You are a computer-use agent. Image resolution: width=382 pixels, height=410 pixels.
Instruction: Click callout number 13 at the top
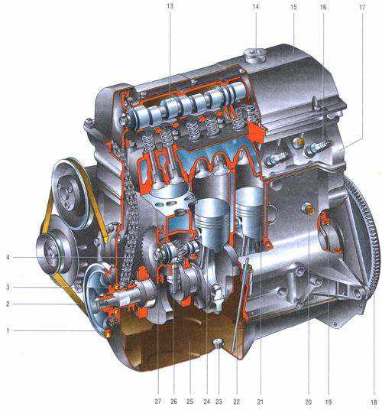click(x=170, y=6)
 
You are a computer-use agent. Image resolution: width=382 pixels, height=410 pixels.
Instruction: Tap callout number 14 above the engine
click(x=255, y=7)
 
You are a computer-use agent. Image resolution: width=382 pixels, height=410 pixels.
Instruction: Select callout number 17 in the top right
click(x=362, y=8)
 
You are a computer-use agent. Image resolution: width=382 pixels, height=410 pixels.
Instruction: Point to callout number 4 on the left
click(x=8, y=257)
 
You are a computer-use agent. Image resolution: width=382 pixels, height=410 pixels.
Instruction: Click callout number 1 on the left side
click(x=8, y=330)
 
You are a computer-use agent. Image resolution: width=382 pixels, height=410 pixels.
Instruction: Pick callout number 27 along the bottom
click(x=157, y=401)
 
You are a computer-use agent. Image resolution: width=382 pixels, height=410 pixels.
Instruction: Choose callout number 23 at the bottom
click(x=219, y=402)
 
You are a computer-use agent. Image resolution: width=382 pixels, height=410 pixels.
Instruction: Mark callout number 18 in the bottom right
click(x=374, y=402)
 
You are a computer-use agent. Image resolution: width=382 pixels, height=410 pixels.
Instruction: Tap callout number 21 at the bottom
click(x=260, y=402)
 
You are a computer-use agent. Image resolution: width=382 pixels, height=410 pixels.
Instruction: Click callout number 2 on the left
click(x=8, y=304)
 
